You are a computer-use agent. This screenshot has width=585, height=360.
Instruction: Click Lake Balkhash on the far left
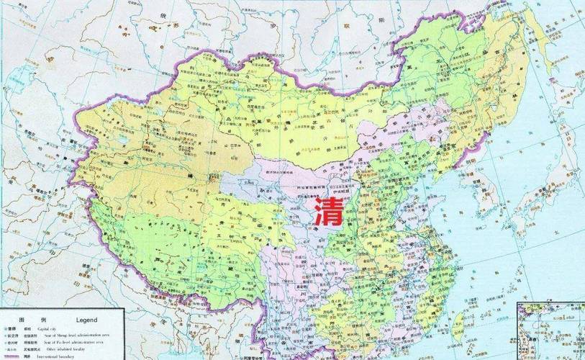coord(43,130)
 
